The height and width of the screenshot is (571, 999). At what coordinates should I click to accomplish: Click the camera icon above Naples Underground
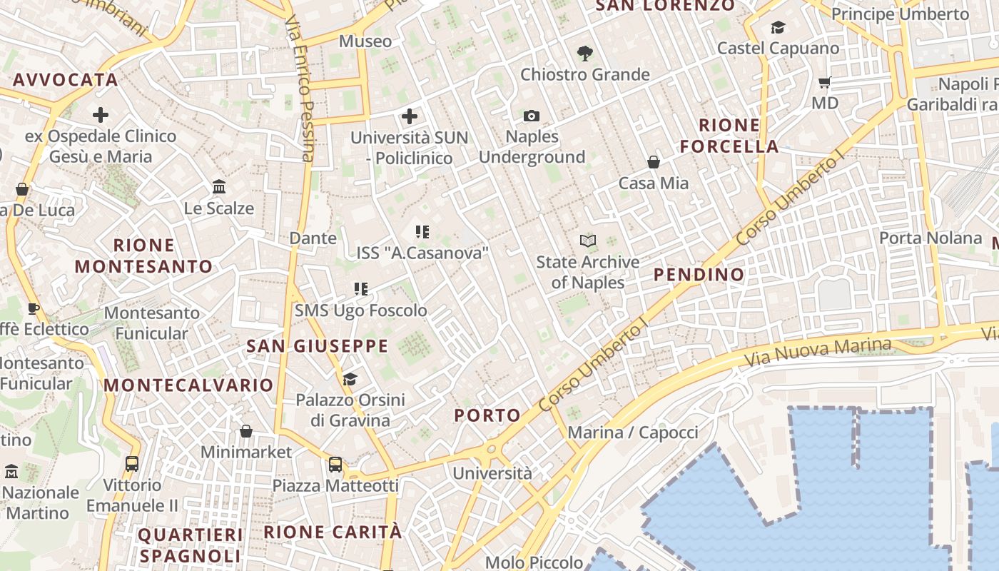click(532, 116)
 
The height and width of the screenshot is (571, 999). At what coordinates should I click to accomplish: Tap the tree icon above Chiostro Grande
click(585, 53)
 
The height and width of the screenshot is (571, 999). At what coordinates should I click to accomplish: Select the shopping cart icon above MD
click(825, 83)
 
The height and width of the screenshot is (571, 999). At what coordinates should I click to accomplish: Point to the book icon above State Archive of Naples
click(588, 241)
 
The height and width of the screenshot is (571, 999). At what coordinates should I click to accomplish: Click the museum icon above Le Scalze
click(219, 187)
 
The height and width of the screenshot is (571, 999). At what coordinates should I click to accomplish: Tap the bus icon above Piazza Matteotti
click(335, 465)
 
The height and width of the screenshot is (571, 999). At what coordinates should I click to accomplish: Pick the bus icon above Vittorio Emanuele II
click(132, 464)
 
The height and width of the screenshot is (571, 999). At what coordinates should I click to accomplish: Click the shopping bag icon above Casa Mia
click(654, 163)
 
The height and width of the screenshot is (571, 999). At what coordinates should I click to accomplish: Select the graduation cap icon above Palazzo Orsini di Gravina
click(350, 379)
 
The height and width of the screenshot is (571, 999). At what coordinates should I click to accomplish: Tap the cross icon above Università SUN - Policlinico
click(410, 116)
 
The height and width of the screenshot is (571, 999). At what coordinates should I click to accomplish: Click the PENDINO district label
click(699, 275)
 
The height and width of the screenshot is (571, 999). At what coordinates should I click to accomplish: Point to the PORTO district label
click(487, 415)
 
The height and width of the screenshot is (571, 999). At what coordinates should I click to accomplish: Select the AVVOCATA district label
click(65, 80)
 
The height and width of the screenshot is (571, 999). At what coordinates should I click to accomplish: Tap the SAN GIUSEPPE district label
click(317, 347)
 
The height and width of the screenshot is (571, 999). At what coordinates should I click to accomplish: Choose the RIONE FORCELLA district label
click(729, 136)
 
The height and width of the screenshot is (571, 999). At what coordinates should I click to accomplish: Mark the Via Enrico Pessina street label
click(300, 89)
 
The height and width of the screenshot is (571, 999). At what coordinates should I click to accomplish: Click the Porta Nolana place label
click(930, 238)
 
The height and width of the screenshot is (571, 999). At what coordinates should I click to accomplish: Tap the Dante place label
click(313, 238)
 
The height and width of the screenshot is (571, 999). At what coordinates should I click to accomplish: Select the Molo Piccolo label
click(534, 562)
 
